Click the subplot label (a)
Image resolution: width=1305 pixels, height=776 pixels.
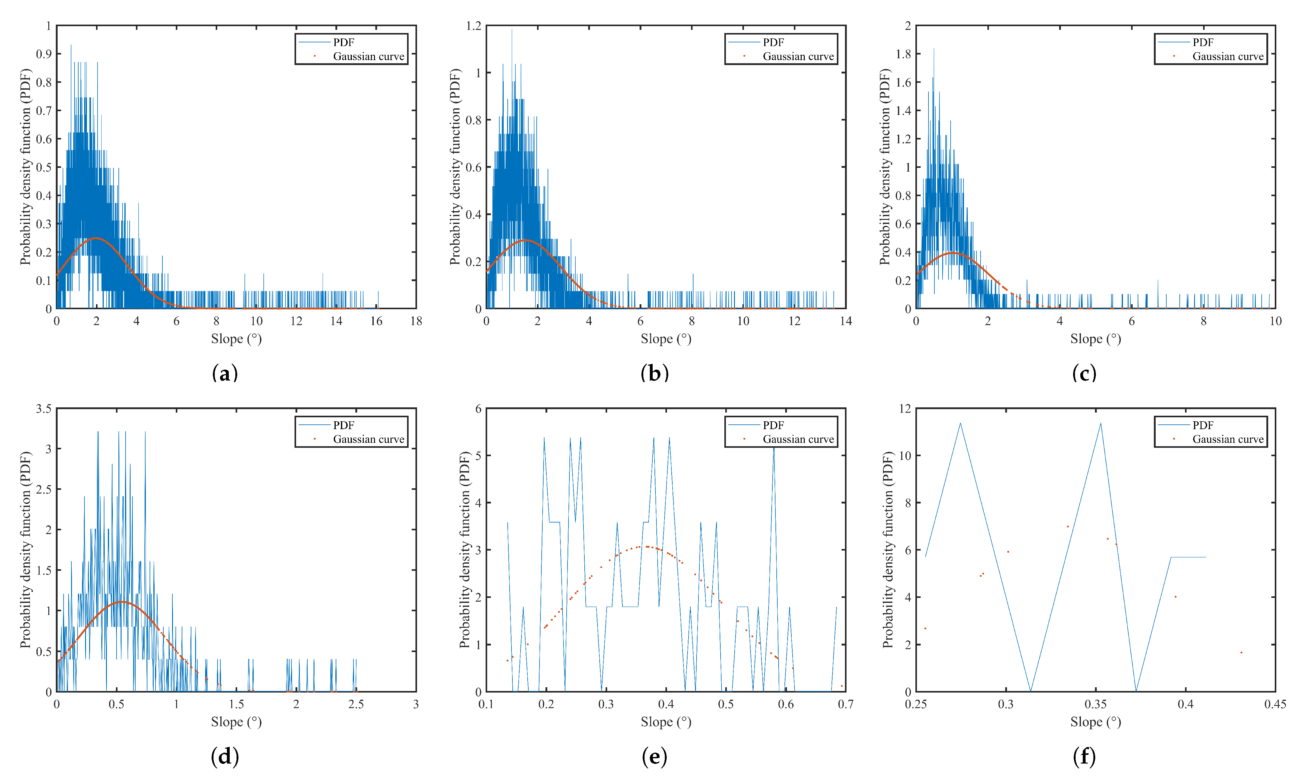(225, 373)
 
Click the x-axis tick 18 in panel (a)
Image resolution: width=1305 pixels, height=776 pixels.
(416, 321)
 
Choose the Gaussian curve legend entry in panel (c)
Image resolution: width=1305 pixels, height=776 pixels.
(1228, 56)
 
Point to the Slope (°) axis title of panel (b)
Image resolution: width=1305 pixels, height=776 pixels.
(665, 339)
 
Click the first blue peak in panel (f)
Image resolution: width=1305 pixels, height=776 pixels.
(960, 423)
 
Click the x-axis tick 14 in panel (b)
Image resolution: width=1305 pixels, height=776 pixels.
(846, 321)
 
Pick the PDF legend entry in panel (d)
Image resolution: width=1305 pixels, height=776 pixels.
(343, 425)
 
